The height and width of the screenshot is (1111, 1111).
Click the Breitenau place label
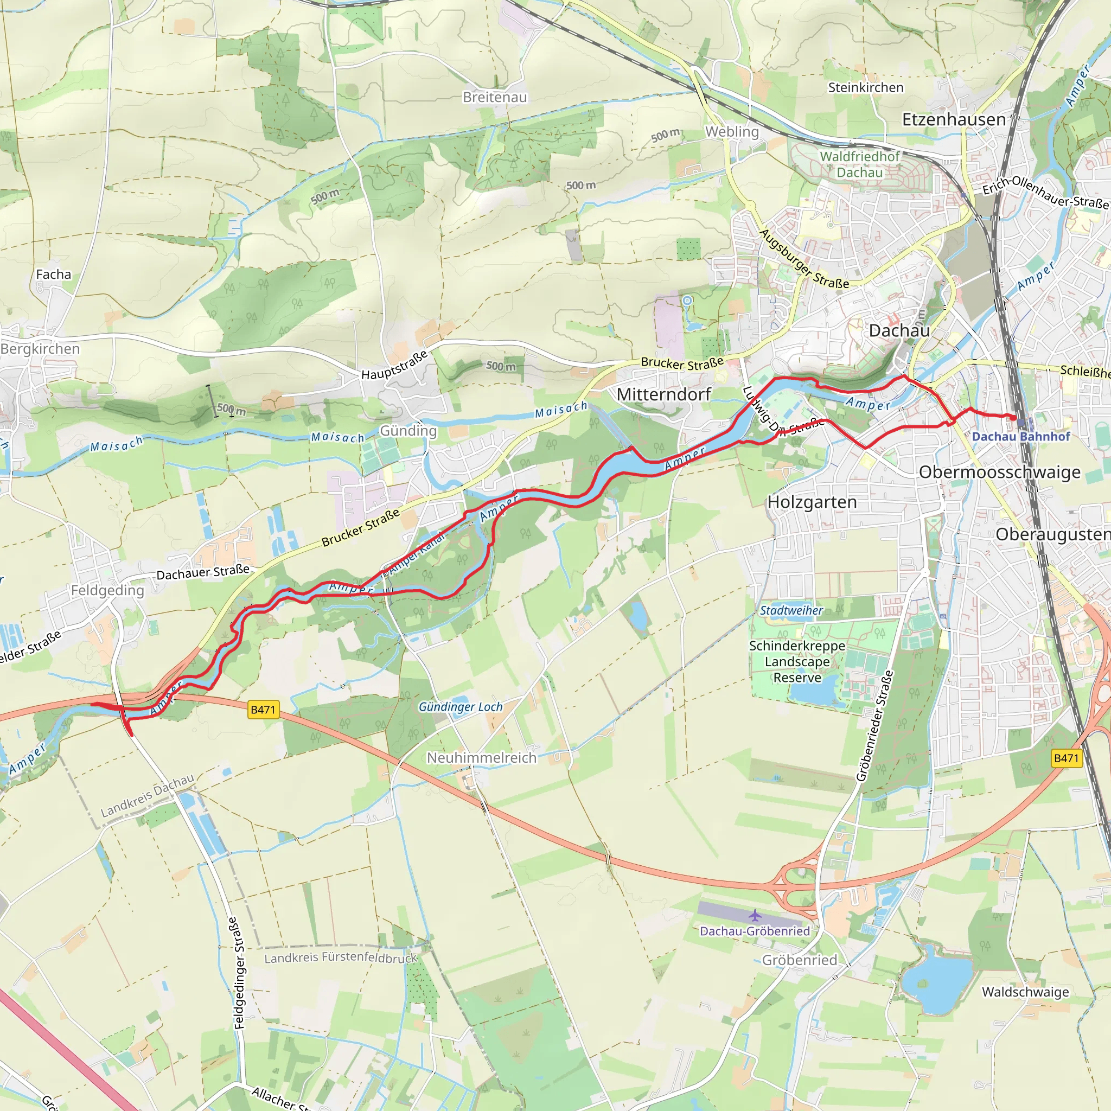pyautogui.click(x=495, y=97)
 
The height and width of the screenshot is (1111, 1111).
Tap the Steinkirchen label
pyautogui.click(x=865, y=87)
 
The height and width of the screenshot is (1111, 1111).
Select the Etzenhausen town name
pyautogui.click(x=954, y=119)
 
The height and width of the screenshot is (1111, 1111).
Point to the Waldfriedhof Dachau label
pyautogui.click(x=859, y=164)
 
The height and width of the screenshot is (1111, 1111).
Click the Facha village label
pyautogui.click(x=54, y=274)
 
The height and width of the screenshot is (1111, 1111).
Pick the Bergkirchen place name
pyautogui.click(x=40, y=348)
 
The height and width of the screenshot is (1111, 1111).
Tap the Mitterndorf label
pyautogui.click(x=663, y=394)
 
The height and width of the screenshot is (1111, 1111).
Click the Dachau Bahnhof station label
pyautogui.click(x=1021, y=437)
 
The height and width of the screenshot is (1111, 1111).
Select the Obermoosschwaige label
pyautogui.click(x=999, y=472)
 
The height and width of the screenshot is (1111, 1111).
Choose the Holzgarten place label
pyautogui.click(x=812, y=502)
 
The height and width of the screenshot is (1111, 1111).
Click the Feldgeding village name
pyautogui.click(x=107, y=590)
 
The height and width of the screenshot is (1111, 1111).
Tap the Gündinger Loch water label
pyautogui.click(x=460, y=707)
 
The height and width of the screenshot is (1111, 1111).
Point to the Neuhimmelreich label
pyautogui.click(x=481, y=758)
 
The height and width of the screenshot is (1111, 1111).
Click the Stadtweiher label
pyautogui.click(x=791, y=611)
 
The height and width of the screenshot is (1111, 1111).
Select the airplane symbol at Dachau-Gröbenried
pyautogui.click(x=755, y=915)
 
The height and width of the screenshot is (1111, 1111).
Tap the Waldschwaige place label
pyautogui.click(x=1025, y=992)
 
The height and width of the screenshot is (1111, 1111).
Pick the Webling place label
pyautogui.click(x=732, y=132)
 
